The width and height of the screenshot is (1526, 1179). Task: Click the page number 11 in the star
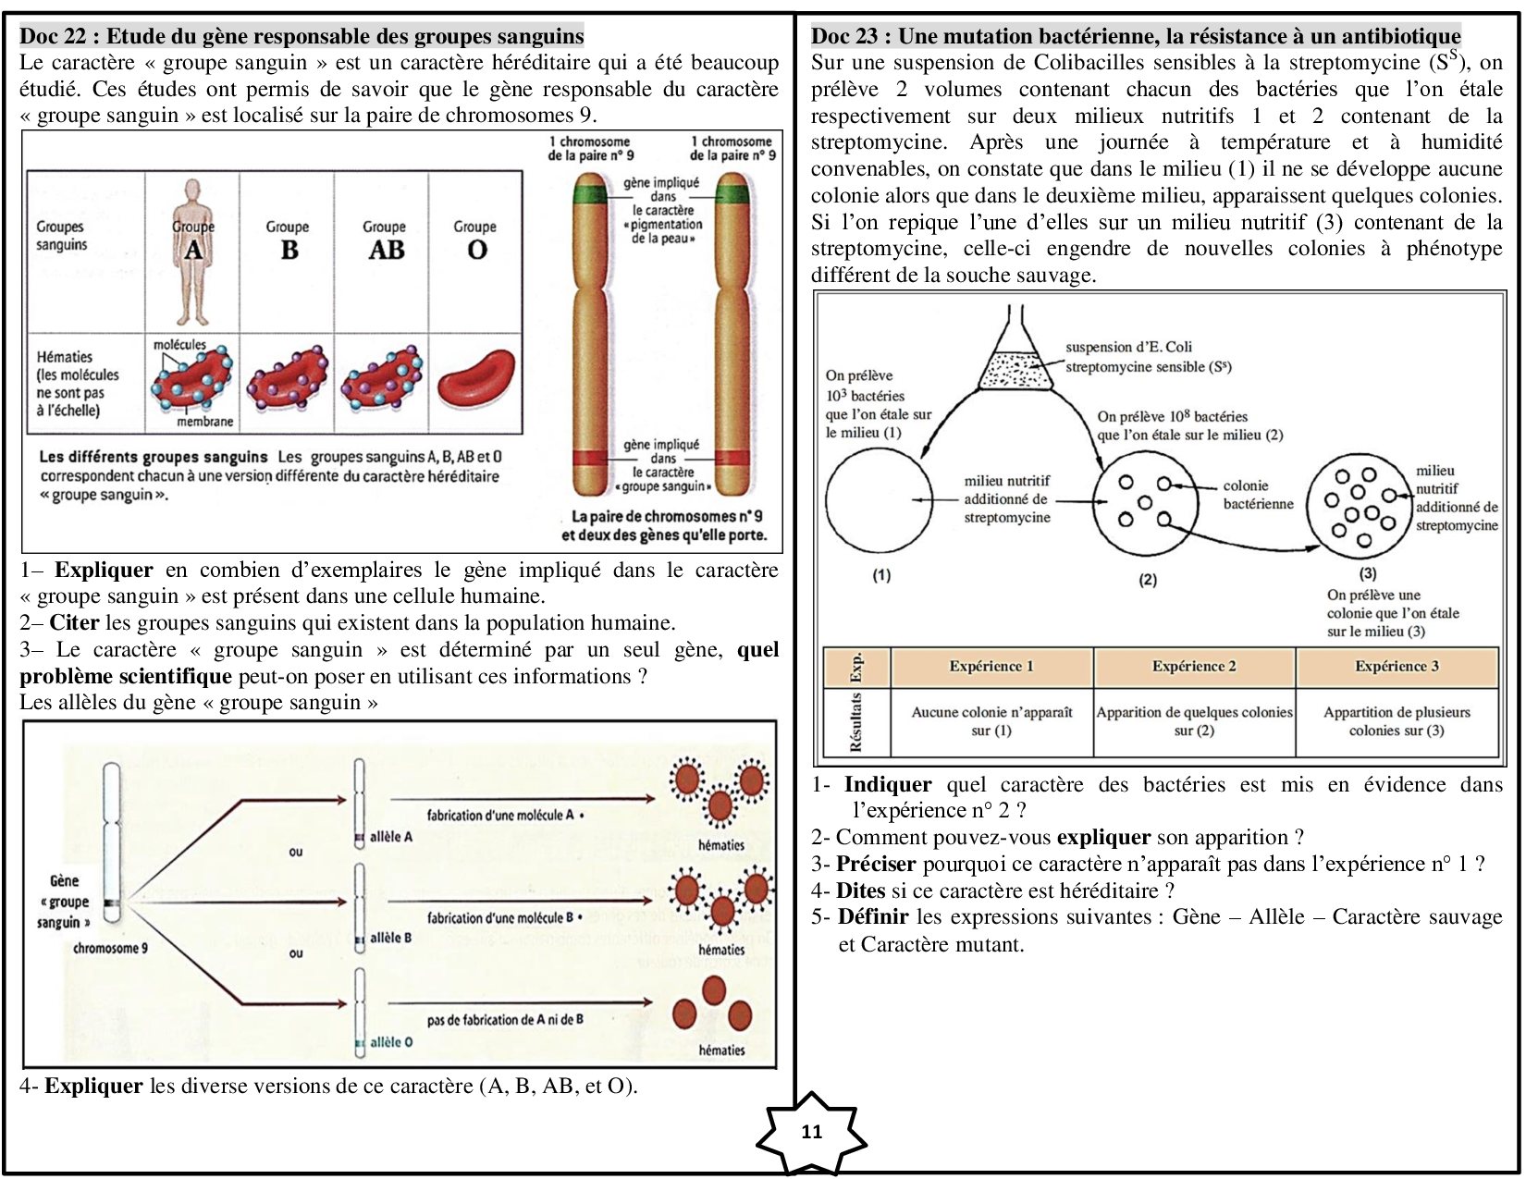tap(811, 1131)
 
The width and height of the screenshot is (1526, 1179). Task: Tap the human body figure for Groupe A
tap(192, 252)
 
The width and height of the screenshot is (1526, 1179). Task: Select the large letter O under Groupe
tap(477, 250)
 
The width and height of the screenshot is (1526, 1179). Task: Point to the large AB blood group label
tap(387, 250)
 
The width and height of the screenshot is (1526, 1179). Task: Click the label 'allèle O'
tap(390, 1041)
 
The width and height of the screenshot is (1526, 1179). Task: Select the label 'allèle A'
tap(390, 836)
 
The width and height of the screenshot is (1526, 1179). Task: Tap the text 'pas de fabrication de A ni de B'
tap(505, 1019)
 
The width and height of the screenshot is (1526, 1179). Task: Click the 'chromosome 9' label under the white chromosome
tap(110, 948)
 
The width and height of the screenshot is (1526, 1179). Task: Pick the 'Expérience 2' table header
tap(1194, 666)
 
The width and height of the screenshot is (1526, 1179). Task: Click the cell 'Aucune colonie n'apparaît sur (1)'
tap(991, 721)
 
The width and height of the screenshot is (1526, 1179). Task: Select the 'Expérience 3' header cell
tap(1397, 666)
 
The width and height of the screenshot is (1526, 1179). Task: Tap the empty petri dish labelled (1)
tap(880, 500)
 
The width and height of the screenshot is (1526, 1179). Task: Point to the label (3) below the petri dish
tap(1367, 573)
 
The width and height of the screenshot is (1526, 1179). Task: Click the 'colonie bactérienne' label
tap(1258, 495)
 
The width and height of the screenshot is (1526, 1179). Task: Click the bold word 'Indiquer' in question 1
tap(888, 783)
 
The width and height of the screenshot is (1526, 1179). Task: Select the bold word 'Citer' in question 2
tap(74, 622)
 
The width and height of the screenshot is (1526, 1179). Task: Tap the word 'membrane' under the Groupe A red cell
tap(204, 422)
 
